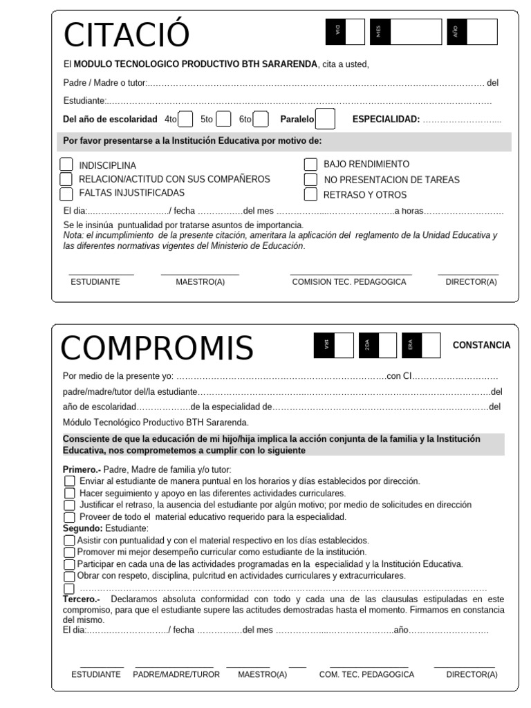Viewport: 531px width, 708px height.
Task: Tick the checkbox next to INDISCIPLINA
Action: (66, 165)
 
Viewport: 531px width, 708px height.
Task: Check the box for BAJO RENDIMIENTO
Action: (310, 165)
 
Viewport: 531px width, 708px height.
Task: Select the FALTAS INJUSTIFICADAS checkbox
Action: (66, 193)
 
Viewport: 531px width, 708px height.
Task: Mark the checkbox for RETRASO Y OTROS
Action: (310, 194)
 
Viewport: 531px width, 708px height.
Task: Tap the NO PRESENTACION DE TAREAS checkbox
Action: (310, 179)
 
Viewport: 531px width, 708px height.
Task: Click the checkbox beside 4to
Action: (186, 119)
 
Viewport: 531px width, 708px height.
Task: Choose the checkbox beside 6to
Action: (261, 119)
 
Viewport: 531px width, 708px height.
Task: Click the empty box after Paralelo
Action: (326, 119)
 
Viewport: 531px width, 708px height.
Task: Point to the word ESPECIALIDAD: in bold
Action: (386, 119)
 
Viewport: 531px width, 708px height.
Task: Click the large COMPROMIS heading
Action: (157, 348)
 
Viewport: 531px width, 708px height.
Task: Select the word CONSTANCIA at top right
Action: (481, 345)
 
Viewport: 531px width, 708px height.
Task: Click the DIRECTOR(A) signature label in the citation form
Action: (471, 282)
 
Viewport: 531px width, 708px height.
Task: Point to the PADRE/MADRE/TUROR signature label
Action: (176, 674)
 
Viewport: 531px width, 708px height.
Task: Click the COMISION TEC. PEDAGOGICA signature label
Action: (351, 282)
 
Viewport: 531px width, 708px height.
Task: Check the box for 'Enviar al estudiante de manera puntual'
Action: (69, 481)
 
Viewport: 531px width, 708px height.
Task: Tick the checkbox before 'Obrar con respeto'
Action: (69, 576)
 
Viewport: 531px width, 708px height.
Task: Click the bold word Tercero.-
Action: (82, 598)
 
